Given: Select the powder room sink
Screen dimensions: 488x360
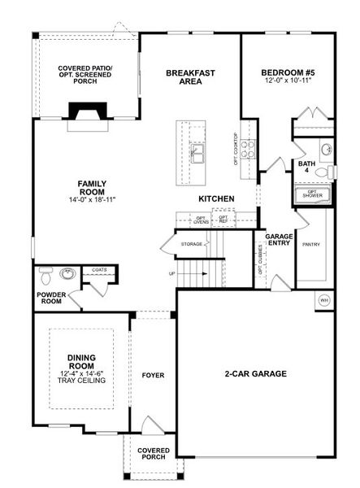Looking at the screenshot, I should [x=68, y=273].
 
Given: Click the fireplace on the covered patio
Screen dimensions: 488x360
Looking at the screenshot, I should [x=83, y=111].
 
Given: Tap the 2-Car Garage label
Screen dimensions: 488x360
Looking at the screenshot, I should [x=256, y=374].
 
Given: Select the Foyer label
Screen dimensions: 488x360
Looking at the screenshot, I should [x=153, y=376].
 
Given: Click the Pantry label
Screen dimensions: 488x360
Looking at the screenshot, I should [x=310, y=244].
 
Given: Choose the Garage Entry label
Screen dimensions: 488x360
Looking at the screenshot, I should [x=279, y=240].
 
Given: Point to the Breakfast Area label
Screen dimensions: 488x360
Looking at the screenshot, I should [x=190, y=76].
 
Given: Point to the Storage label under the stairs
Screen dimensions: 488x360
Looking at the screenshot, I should [x=192, y=243].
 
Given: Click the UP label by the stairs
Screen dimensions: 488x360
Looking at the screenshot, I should [x=171, y=273].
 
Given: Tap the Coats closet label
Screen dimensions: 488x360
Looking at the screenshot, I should [x=99, y=269].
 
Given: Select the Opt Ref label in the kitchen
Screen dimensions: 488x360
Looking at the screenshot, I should [x=222, y=219].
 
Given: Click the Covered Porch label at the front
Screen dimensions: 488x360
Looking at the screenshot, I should [x=153, y=454].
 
